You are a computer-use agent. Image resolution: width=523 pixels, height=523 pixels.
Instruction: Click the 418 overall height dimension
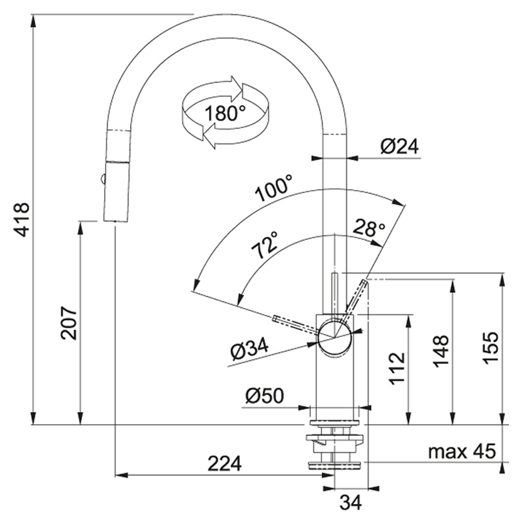click(x=22, y=220)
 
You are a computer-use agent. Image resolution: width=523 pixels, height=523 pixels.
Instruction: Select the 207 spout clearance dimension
click(x=69, y=323)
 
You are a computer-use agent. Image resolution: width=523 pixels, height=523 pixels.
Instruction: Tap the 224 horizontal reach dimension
click(x=225, y=463)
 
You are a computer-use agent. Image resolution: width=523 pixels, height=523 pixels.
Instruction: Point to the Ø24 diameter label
click(x=400, y=146)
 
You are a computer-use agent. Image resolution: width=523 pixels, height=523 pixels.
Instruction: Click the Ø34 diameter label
click(x=249, y=349)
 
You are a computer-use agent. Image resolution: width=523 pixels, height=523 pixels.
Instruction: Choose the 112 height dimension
click(x=397, y=368)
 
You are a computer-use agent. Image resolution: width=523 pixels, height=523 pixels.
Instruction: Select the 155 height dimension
click(x=490, y=348)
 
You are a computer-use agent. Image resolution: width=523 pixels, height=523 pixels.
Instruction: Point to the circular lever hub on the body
click(x=334, y=336)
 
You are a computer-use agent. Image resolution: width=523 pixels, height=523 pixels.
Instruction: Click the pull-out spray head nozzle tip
click(x=115, y=219)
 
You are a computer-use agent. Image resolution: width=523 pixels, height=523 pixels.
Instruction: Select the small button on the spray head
click(x=103, y=180)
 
